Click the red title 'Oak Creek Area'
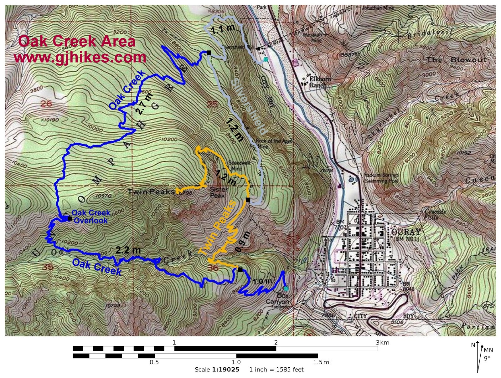(77, 41)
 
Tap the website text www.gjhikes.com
(80, 57)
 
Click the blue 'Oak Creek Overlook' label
(90, 217)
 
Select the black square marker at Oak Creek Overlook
(70, 219)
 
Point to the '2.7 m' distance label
(143, 103)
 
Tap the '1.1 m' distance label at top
(223, 29)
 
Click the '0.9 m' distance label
(243, 242)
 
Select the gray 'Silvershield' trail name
(250, 106)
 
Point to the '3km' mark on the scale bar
(382, 342)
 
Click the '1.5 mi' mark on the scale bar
(322, 362)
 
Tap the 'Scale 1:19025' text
(217, 370)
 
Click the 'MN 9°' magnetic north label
(488, 354)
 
